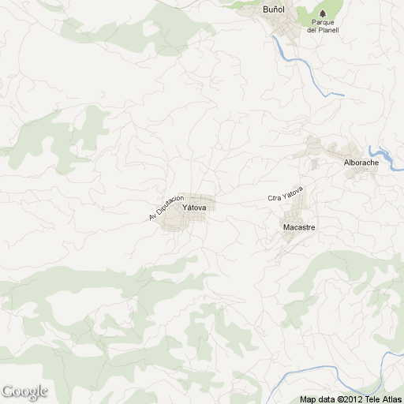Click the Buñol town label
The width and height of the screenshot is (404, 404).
point(274,11)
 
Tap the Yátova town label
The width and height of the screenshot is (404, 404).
point(194,208)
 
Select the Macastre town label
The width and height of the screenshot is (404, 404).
point(299,227)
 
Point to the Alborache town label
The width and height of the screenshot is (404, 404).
point(361,163)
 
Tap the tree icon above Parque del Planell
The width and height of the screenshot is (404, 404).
point(323,11)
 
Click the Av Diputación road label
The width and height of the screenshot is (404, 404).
point(166,207)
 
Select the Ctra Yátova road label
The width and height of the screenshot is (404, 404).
point(285,194)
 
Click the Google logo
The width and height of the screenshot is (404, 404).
point(24,391)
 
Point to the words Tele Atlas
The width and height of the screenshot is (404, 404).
point(381,399)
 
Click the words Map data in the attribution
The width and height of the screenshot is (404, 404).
point(317,399)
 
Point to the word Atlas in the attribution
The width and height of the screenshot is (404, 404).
point(391,399)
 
